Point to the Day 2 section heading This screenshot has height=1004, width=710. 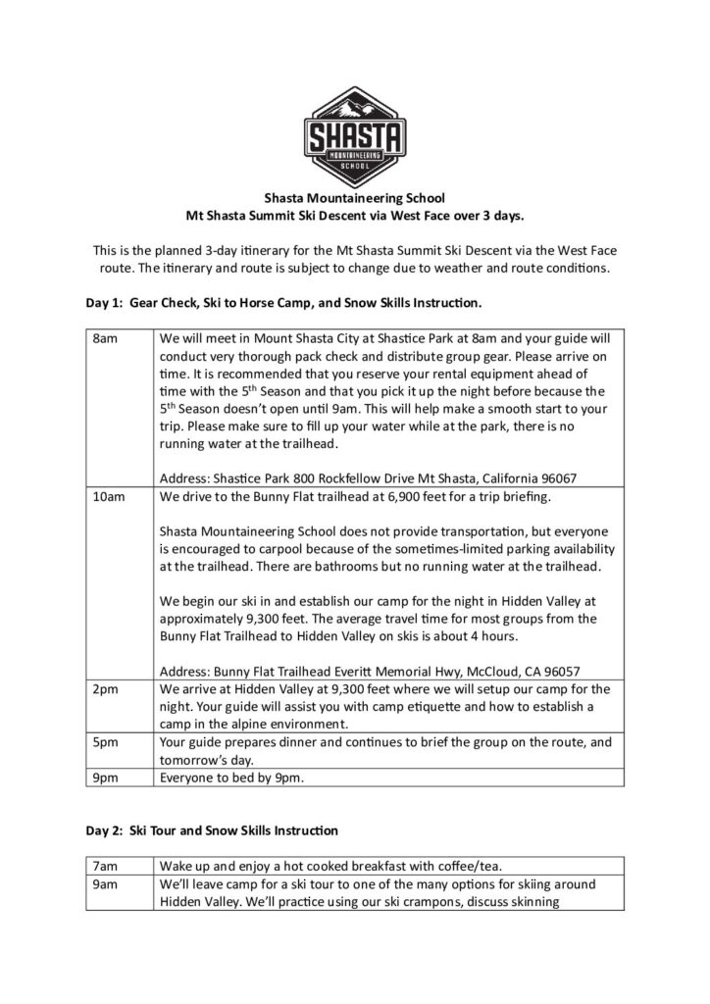click(x=212, y=830)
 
